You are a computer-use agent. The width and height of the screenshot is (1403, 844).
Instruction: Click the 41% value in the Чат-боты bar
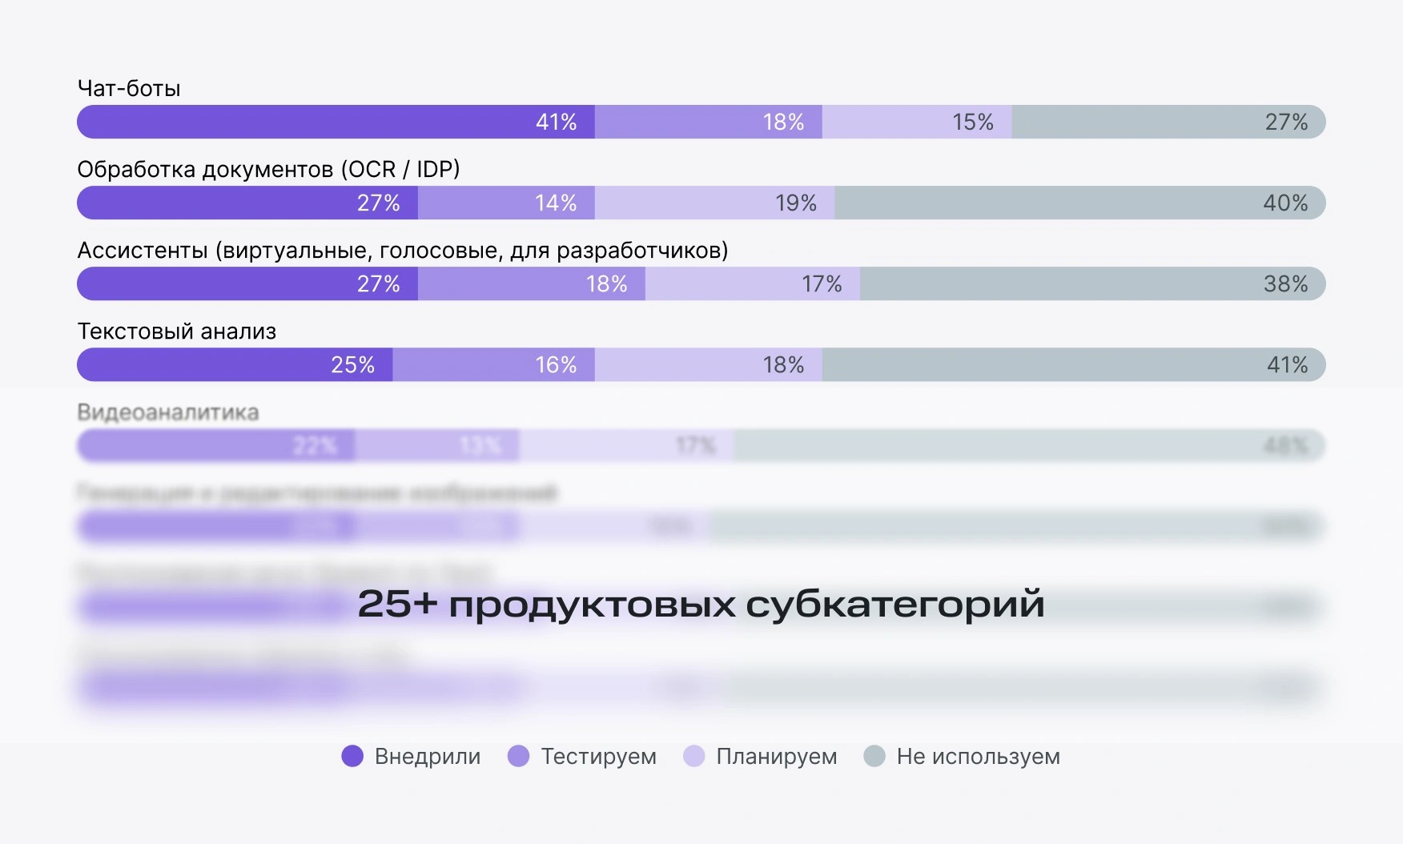pos(556,122)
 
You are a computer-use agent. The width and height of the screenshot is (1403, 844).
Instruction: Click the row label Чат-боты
pos(129,88)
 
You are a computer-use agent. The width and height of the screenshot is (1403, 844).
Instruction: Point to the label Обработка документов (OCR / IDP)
pos(268,169)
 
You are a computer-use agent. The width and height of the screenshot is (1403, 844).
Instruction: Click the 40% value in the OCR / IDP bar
pos(1284,203)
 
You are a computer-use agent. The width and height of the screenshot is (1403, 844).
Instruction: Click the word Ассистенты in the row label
pos(143,251)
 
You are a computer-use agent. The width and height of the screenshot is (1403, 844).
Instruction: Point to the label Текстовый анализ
pos(176,332)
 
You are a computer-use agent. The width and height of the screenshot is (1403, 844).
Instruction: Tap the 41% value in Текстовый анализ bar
pos(1286,364)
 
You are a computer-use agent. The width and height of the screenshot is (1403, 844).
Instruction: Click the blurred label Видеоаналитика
pos(168,412)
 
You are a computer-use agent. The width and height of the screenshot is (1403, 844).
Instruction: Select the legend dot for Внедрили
pos(352,756)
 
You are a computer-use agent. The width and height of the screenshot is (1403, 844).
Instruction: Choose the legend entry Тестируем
pos(598,756)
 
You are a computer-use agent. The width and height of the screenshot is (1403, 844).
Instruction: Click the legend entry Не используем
pos(978,756)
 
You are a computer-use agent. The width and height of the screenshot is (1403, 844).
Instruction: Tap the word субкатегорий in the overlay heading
pos(894,605)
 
